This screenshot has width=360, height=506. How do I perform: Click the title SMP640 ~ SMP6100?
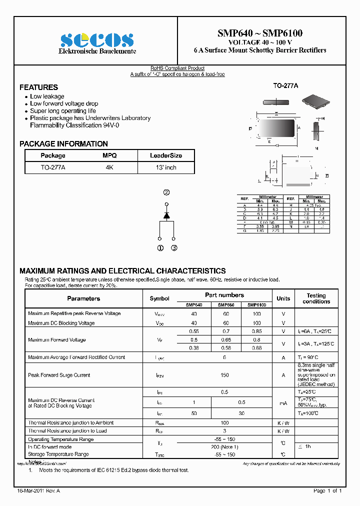pos(259,33)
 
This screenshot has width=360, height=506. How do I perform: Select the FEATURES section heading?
pos(38,87)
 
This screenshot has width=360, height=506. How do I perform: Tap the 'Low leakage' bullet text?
pos(47,96)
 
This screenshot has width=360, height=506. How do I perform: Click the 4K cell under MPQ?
pos(109,167)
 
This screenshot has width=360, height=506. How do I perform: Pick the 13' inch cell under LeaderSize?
pos(166,167)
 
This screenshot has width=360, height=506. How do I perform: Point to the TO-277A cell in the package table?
pos(53,167)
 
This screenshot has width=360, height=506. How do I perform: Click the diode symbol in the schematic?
pos(166,214)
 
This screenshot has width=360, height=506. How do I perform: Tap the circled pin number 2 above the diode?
pos(166,192)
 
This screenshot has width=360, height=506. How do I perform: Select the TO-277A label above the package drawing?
pos(285,86)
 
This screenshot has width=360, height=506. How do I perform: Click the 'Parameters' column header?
pos(83,298)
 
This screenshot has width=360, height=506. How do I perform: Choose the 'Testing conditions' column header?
pos(316,298)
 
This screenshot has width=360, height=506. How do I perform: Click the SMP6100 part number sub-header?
pos(256,304)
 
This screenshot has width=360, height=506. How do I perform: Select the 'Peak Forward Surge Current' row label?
pos(59,375)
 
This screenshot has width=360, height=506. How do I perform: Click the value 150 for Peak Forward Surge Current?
pos(225,375)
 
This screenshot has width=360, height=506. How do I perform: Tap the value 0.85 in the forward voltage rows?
pos(256,331)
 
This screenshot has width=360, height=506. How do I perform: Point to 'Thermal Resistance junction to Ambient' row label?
pos(70,423)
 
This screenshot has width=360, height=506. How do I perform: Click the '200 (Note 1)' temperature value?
pos(225,446)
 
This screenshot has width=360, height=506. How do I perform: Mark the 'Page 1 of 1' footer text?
pos(327,491)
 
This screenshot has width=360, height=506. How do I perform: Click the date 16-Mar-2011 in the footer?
pos(31,491)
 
